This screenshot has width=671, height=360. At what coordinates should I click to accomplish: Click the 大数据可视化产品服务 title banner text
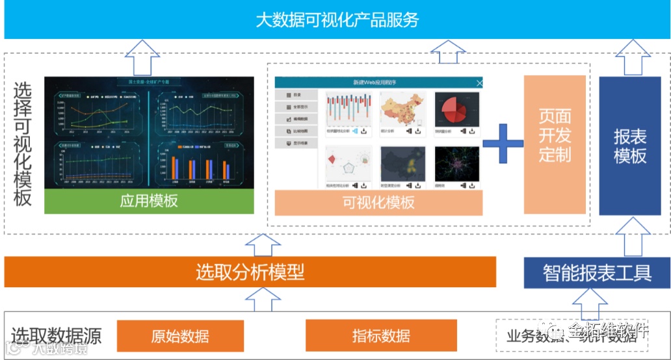[337, 19]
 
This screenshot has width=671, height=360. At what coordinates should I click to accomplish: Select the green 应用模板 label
[149, 201]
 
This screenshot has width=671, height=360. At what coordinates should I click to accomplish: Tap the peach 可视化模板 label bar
[378, 202]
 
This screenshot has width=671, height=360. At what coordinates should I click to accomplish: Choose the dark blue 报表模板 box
[629, 146]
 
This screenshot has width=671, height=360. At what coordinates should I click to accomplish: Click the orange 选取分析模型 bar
[250, 272]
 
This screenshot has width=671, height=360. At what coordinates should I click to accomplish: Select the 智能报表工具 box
[597, 272]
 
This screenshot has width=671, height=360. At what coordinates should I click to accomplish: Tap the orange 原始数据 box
[180, 336]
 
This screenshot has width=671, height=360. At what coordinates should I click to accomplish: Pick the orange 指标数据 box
[381, 336]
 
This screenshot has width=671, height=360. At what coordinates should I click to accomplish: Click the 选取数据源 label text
[57, 336]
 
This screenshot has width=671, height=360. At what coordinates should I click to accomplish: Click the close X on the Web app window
[479, 83]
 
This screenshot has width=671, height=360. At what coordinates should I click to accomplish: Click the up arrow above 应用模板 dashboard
[142, 57]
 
